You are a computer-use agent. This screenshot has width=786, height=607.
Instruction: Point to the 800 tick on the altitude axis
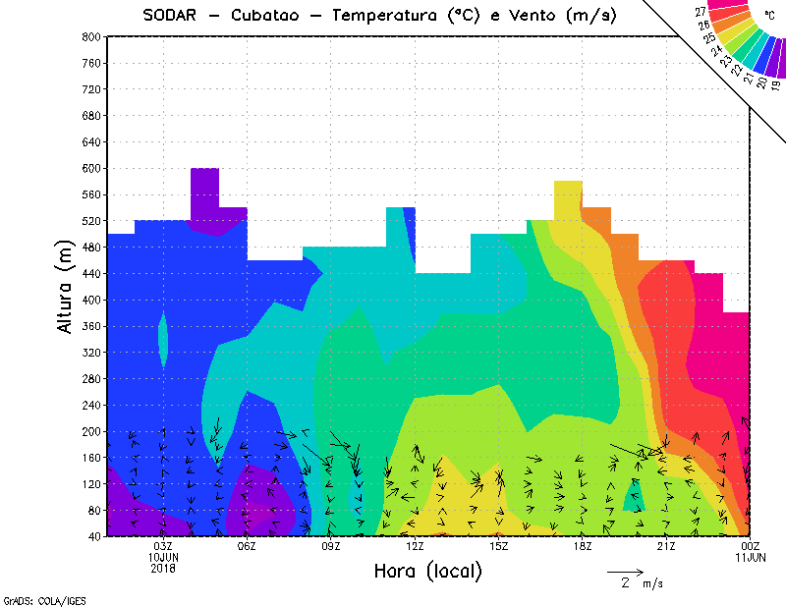click(x=90, y=36)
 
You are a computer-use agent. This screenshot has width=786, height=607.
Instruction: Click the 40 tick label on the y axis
click(x=93, y=536)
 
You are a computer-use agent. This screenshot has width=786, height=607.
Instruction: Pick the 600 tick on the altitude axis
click(x=90, y=168)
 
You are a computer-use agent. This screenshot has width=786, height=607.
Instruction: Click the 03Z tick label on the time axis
click(x=163, y=546)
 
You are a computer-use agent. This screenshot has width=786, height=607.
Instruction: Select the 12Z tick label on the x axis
click(x=415, y=546)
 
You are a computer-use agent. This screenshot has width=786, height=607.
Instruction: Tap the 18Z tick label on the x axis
click(x=583, y=546)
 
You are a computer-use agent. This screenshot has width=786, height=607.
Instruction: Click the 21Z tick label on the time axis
click(x=666, y=546)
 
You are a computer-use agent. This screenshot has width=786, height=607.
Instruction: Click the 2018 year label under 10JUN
click(x=163, y=568)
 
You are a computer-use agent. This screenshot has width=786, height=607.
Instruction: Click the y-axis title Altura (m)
click(x=66, y=286)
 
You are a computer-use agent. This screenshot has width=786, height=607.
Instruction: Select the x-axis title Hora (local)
click(x=427, y=571)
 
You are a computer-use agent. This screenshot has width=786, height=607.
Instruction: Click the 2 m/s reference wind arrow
click(x=624, y=571)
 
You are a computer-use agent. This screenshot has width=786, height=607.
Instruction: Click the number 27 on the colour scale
click(x=701, y=12)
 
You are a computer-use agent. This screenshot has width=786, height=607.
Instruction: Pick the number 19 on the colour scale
click(x=775, y=85)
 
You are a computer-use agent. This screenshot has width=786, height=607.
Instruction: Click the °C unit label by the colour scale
click(x=768, y=17)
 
